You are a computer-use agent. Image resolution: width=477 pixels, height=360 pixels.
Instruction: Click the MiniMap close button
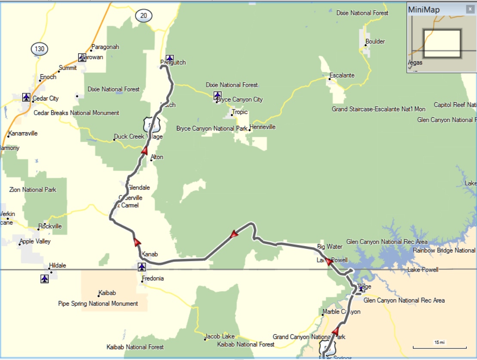click(x=470, y=9)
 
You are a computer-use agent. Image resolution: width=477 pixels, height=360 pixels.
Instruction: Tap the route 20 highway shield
click(x=144, y=16)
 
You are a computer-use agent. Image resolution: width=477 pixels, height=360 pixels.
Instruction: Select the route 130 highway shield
click(x=40, y=49)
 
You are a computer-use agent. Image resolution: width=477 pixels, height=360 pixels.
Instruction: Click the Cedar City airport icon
click(x=26, y=97)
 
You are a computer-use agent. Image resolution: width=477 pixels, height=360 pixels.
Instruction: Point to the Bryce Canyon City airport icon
click(x=217, y=95)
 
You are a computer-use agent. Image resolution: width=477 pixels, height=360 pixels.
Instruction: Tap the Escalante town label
click(x=342, y=76)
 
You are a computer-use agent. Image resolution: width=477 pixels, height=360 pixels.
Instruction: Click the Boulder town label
click(x=375, y=42)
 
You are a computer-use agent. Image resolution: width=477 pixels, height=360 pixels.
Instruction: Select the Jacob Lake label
click(x=220, y=336)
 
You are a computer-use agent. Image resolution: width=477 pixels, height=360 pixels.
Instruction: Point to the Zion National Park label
click(x=33, y=189)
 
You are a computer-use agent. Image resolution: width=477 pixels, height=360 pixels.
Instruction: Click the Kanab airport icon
click(x=142, y=267)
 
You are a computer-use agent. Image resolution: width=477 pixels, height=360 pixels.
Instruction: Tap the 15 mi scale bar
click(x=440, y=345)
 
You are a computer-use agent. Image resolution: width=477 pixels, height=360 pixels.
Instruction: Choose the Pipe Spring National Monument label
click(x=98, y=304)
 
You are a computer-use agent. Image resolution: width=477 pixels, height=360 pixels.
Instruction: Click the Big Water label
click(x=330, y=247)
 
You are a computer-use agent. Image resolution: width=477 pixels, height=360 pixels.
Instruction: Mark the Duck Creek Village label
click(x=138, y=137)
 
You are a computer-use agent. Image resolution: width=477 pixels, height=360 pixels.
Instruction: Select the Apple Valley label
click(x=36, y=241)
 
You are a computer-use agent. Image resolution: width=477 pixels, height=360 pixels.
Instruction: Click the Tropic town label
click(x=240, y=112)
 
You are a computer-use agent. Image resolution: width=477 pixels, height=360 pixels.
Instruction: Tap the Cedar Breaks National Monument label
click(x=76, y=113)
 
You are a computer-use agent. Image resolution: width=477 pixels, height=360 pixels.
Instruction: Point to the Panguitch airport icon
click(x=170, y=58)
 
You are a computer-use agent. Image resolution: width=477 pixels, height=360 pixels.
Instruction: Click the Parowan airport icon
click(x=82, y=57)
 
